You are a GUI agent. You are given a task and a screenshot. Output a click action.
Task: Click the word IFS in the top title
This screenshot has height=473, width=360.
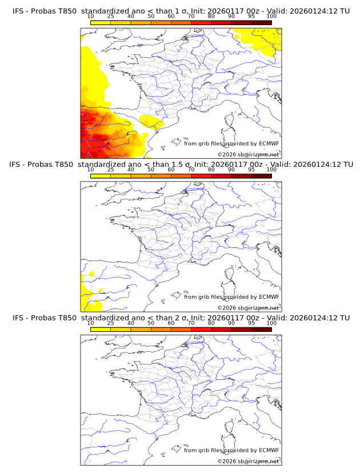[19, 11]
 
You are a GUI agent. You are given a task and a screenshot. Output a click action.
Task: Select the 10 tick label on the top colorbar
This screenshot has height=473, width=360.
[90, 17]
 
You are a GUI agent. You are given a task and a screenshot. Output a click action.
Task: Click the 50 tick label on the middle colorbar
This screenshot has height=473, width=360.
[151, 170]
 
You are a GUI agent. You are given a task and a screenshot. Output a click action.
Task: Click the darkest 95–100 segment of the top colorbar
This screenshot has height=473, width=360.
[261, 22]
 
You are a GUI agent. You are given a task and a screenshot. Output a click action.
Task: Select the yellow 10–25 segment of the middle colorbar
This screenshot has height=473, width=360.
[101, 176]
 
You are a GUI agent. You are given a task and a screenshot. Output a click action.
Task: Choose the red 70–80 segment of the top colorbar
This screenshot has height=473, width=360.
[201, 22]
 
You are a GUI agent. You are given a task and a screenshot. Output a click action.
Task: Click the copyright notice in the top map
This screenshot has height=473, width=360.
[248, 154]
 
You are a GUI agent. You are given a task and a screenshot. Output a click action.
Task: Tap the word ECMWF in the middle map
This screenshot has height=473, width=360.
[269, 297]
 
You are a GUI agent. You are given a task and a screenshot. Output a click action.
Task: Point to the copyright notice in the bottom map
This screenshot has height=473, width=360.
[248, 461]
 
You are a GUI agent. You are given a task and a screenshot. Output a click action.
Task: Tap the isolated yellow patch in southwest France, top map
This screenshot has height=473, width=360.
[151, 121]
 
